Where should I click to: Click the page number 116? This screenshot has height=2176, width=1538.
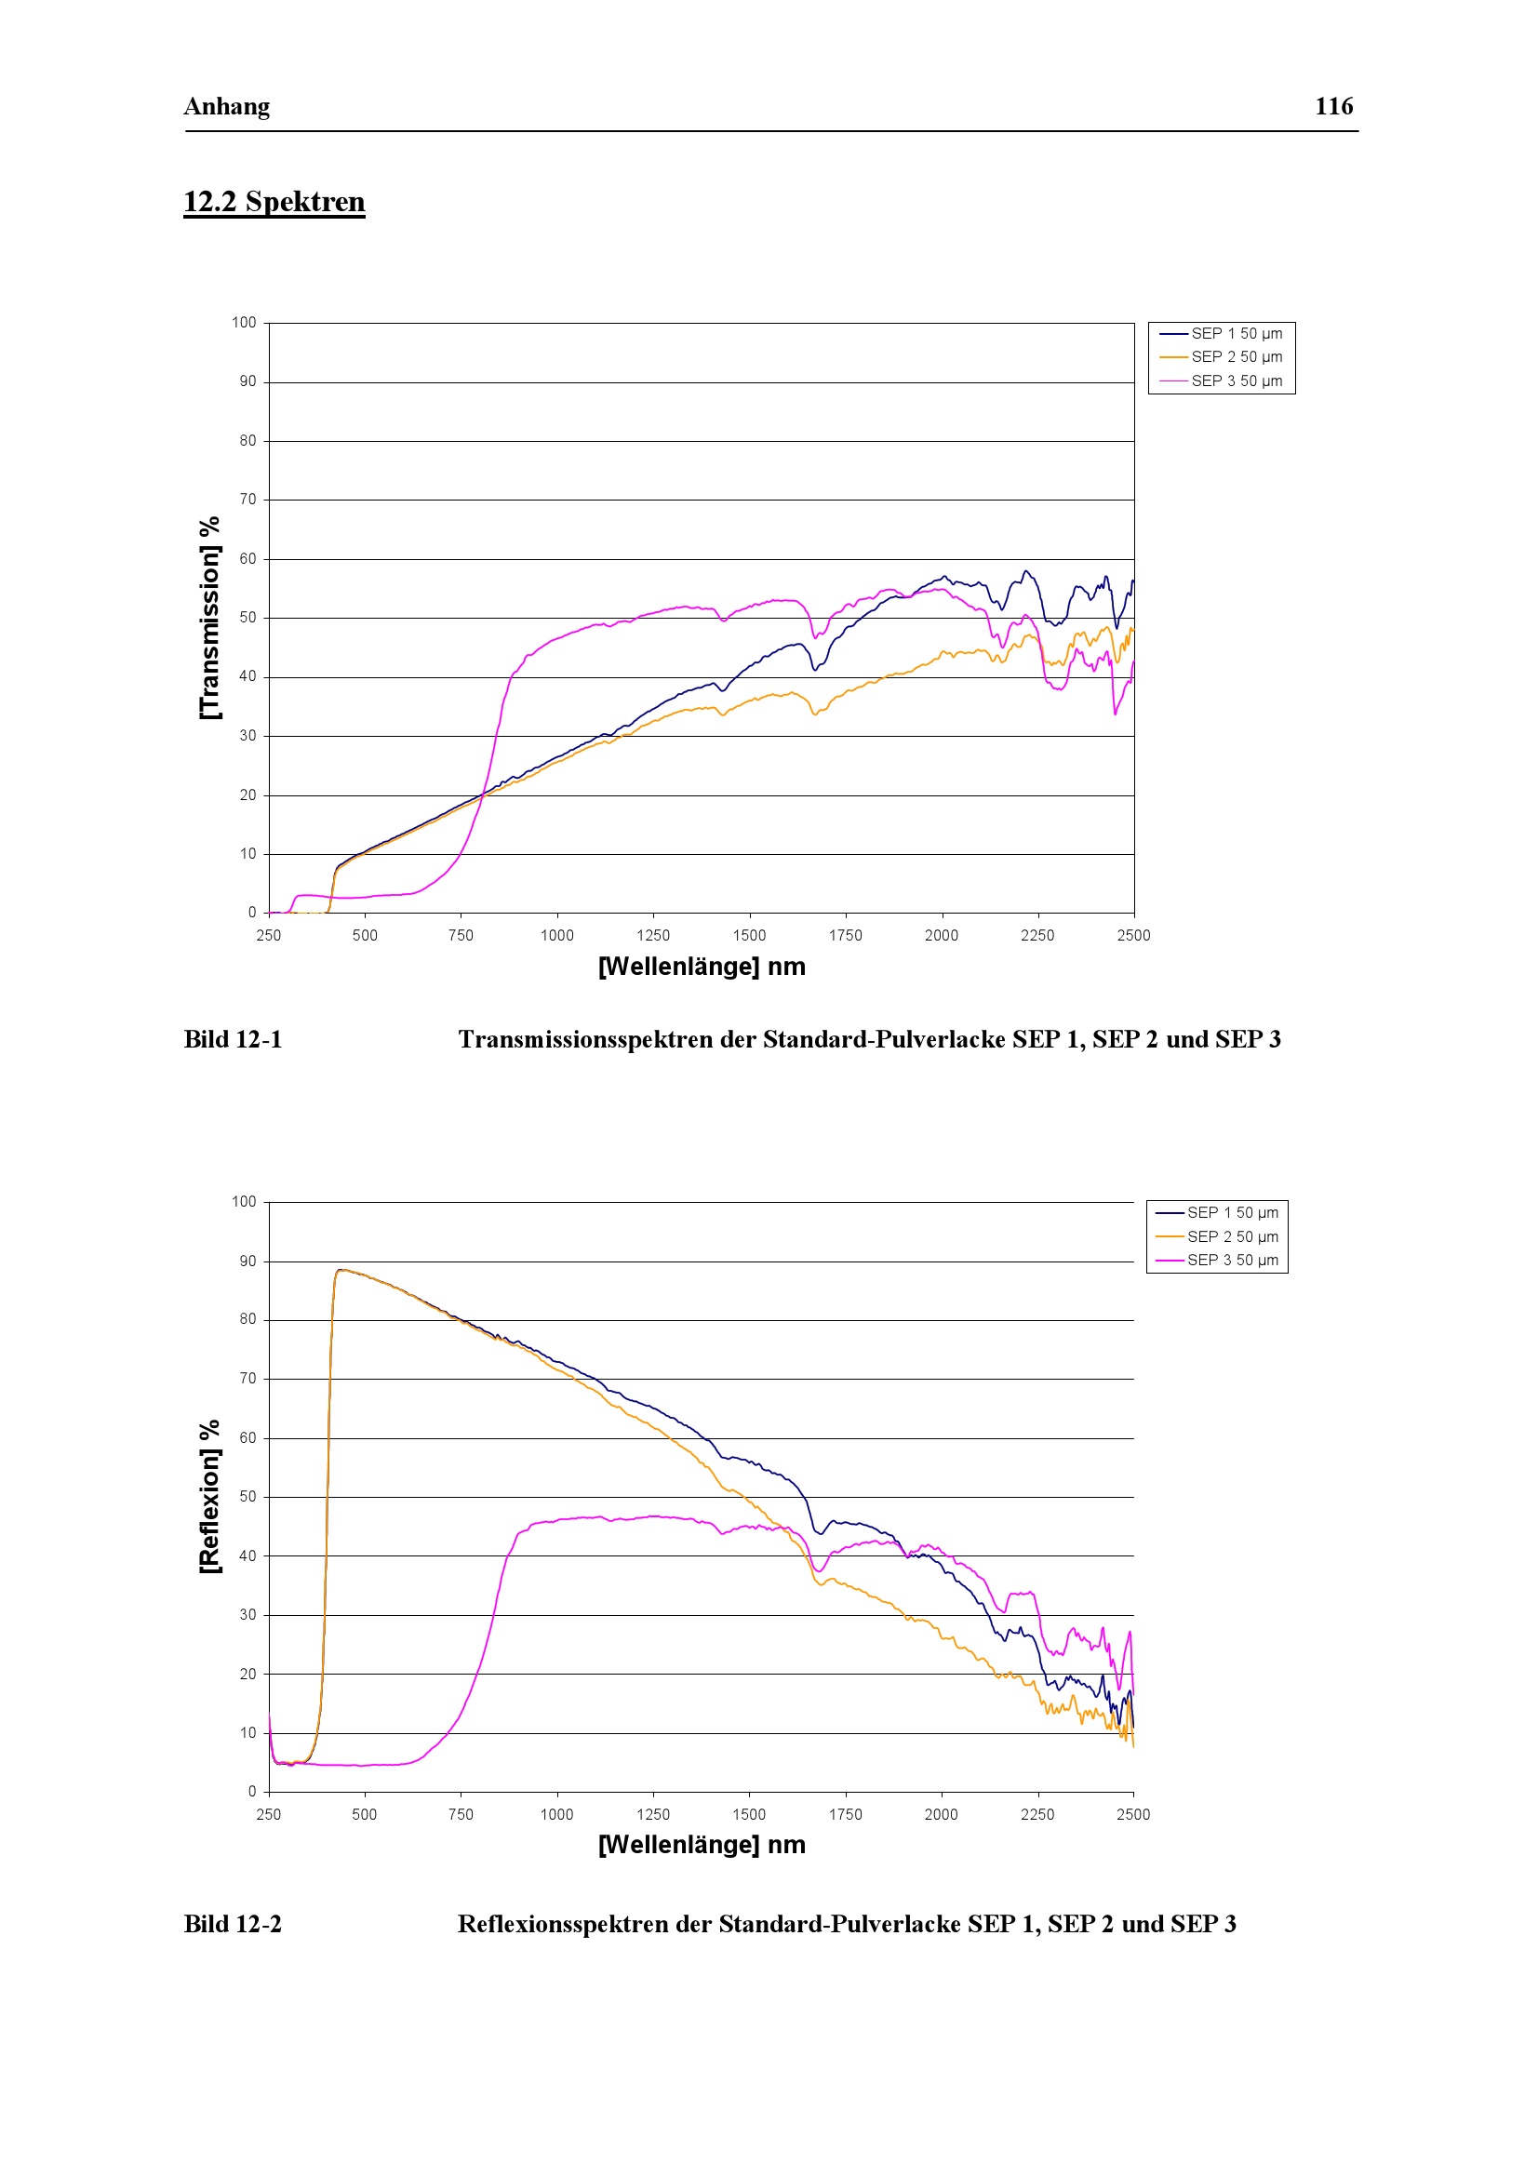[x=1333, y=106]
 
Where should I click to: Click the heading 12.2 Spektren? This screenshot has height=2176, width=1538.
[x=274, y=202]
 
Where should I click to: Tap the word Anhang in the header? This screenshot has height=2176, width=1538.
[x=226, y=106]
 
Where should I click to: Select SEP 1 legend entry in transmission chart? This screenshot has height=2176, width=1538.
[x=1222, y=334]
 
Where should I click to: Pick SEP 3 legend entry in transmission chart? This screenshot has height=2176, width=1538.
[x=1222, y=381]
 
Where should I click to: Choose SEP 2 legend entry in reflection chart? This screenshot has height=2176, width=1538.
[x=1218, y=1236]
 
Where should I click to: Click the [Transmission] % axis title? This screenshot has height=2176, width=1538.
[x=209, y=618]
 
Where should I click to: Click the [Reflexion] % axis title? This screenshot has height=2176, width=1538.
[x=209, y=1497]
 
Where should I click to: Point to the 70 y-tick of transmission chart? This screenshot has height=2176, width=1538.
[x=247, y=500]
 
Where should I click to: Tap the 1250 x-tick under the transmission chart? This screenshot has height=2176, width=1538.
[x=653, y=935]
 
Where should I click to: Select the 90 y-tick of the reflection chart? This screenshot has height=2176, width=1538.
[x=247, y=1262]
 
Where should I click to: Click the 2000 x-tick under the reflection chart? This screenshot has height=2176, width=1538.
[x=941, y=1814]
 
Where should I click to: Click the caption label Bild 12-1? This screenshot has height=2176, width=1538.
[x=234, y=1040]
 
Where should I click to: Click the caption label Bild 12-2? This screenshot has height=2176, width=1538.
[x=234, y=1924]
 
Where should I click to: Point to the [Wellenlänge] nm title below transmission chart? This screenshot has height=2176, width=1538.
[x=702, y=967]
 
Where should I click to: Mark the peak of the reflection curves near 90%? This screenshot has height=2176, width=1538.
[x=341, y=1270]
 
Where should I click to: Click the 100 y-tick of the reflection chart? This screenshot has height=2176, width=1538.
[x=244, y=1202]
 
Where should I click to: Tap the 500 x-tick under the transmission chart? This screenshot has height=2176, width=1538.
[x=365, y=935]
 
